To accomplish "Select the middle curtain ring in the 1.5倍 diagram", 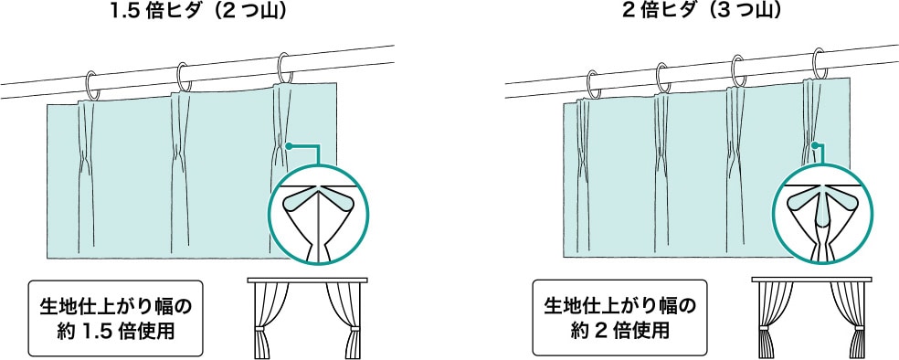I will click(x=184, y=77).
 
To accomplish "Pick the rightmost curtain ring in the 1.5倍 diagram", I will click(x=285, y=69).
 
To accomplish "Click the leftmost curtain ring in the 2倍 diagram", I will click(x=592, y=83).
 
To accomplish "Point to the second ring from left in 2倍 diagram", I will click(x=664, y=77).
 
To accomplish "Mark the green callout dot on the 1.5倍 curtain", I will click(x=289, y=145).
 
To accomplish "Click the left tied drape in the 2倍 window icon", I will click(x=767, y=320).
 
